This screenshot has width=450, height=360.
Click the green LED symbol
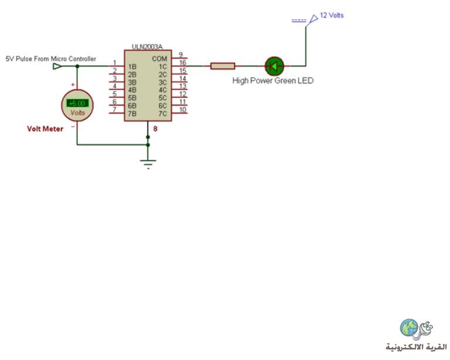click(x=274, y=66)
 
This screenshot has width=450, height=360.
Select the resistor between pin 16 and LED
click(x=223, y=66)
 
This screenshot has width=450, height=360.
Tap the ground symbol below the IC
click(x=148, y=164)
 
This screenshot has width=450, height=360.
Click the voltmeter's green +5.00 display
click(x=77, y=103)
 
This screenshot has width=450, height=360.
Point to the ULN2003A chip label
click(x=147, y=46)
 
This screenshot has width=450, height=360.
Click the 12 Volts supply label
click(x=332, y=15)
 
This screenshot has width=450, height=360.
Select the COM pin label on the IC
click(x=159, y=59)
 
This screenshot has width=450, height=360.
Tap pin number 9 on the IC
click(x=180, y=55)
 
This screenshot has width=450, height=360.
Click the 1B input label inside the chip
click(x=132, y=67)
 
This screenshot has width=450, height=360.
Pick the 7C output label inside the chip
click(x=163, y=114)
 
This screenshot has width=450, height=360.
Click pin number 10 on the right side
click(x=183, y=110)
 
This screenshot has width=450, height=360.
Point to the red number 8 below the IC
click(x=155, y=128)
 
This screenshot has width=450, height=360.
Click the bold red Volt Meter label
click(x=45, y=128)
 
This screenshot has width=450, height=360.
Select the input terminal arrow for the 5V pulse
click(x=57, y=66)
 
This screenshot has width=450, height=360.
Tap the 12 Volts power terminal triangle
click(x=313, y=19)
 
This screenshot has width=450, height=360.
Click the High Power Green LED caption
click(x=272, y=81)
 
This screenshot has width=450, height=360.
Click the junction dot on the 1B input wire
click(x=77, y=66)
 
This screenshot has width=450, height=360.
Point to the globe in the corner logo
click(x=409, y=327)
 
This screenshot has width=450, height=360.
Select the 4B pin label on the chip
click(x=132, y=90)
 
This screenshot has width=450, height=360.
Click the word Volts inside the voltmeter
click(x=78, y=113)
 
